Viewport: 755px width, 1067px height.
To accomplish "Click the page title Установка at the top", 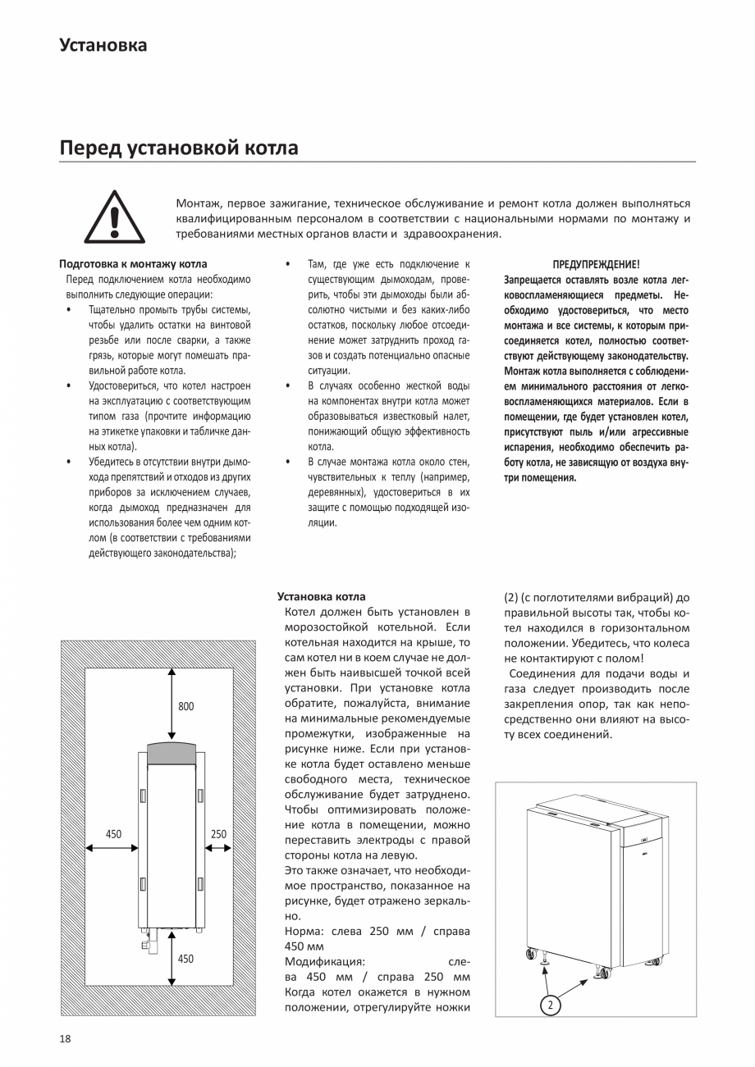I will pos(103,45).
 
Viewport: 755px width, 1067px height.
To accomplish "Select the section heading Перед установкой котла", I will pos(179,148).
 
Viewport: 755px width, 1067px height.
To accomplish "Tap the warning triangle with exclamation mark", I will pos(115,217).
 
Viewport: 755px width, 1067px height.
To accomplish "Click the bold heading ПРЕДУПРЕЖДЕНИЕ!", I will pos(596,264).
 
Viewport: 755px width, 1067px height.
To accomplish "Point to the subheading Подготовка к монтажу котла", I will pos(133,264).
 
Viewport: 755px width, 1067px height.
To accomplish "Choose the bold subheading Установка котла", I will pos(322,596).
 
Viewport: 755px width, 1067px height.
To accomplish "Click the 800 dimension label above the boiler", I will pos(186,706).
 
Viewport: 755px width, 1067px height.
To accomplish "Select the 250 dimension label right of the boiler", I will pos(218,834).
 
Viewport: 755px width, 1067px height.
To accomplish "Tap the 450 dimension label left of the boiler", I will pos(113,834).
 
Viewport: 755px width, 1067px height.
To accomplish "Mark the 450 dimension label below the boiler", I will pos(186,958).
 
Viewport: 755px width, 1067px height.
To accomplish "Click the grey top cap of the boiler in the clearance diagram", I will pos(171,750).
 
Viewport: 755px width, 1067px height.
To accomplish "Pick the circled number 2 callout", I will pos(551,1004).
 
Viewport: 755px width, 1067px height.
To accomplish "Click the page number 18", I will pos(66,1039).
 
